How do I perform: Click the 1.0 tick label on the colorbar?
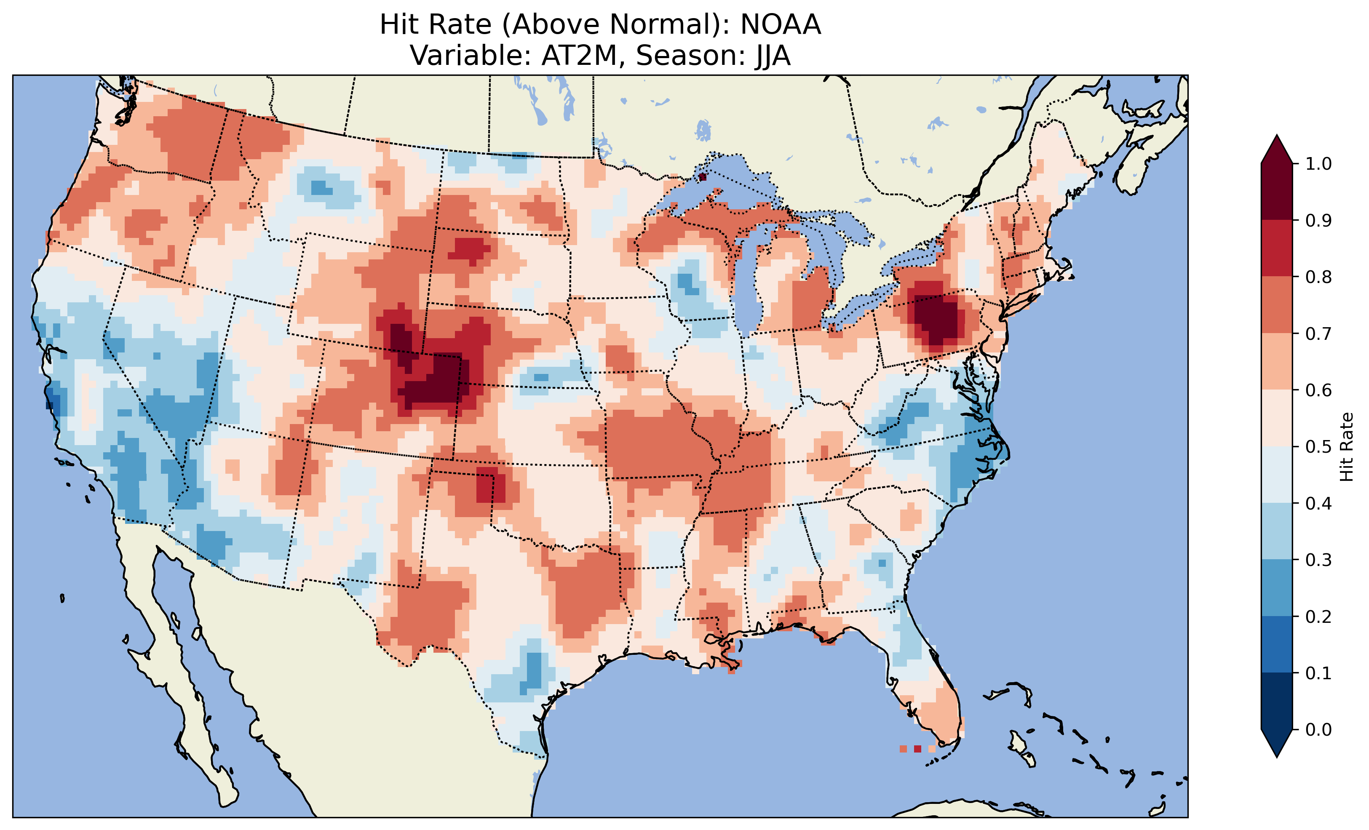tap(1318, 164)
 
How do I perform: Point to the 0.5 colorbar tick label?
tap(1318, 447)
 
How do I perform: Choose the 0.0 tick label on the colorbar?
tap(1318, 729)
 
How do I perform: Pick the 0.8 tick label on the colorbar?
tap(1318, 277)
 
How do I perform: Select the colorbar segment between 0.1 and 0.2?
tap(1277, 644)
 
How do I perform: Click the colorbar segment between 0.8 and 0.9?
tap(1277, 248)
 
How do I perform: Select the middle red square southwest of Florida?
tap(917, 749)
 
